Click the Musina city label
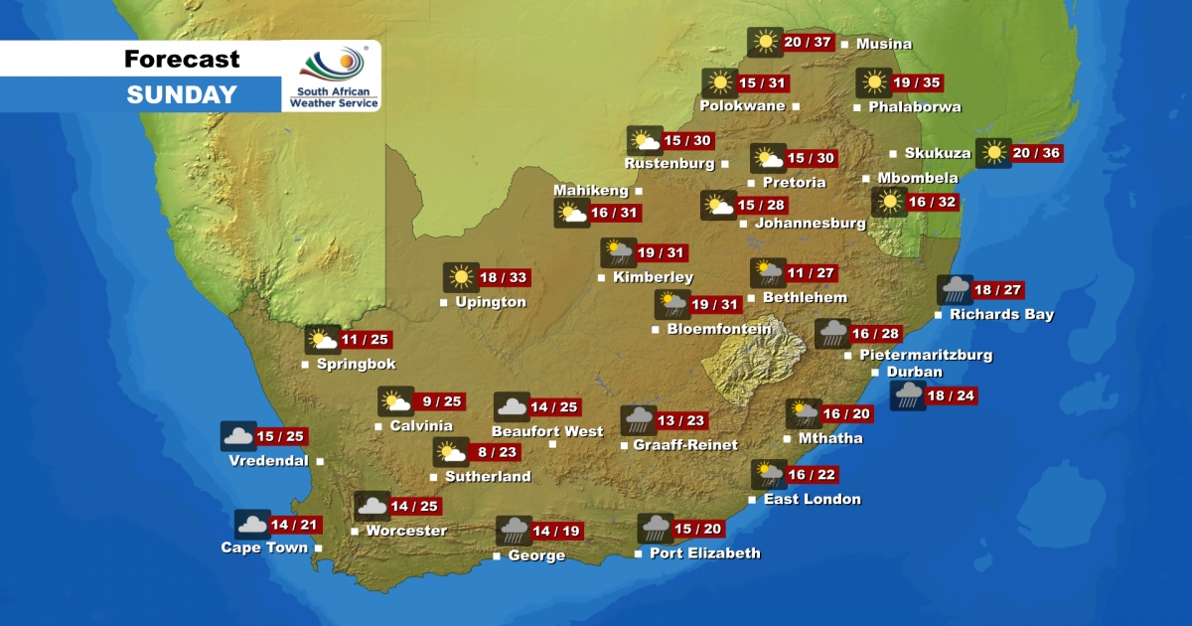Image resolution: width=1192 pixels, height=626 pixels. pos(884,45)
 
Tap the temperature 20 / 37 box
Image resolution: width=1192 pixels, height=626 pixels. pos(807,43)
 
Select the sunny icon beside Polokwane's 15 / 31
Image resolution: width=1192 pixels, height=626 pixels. pos(718,83)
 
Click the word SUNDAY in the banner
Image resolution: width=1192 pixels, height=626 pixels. pos(182,95)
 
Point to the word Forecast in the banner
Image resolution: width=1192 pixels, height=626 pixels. pos(182,59)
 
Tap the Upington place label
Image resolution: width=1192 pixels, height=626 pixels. pos(490,302)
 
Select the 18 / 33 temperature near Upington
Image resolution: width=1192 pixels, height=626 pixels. pos(504,278)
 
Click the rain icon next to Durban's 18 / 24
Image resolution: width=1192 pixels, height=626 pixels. pos(907,396)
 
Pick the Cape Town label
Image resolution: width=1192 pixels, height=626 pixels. pos(264,548)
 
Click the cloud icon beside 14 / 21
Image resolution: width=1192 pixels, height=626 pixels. pos(252,525)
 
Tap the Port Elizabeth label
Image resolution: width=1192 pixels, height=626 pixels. pos(704,553)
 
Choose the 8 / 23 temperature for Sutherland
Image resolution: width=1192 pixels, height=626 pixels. pos(498,453)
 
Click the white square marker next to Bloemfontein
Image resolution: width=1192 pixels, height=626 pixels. pos(656,329)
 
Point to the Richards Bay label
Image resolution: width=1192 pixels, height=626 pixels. pos(1001,315)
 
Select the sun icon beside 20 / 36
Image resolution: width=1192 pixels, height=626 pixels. pos(993,153)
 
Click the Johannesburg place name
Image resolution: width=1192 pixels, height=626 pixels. pos(810,224)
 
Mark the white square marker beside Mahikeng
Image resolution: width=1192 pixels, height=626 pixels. pos(639,191)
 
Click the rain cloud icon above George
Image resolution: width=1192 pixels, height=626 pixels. pos(514,531)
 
